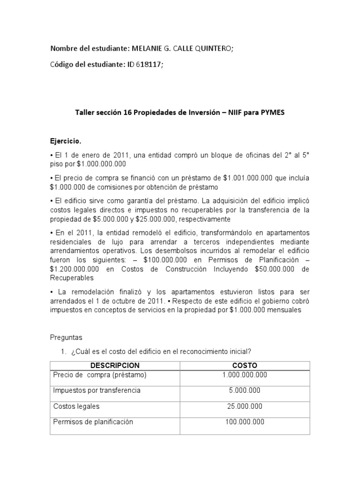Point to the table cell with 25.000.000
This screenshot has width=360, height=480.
click(245, 406)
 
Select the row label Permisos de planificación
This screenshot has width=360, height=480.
click(93, 421)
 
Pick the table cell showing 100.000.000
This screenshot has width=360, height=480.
click(245, 421)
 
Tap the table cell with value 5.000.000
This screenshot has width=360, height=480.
click(245, 390)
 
